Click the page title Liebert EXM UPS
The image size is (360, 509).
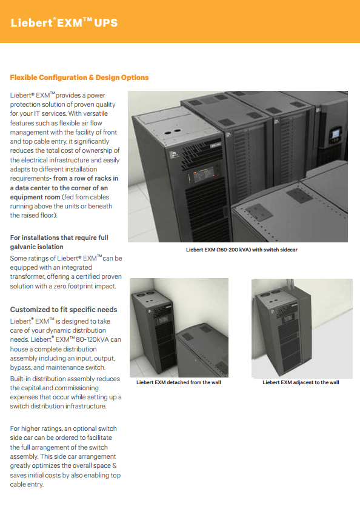[64, 22]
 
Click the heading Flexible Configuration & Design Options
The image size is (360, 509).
[79, 78]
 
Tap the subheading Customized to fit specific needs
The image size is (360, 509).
[64, 310]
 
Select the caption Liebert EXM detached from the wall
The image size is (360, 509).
[179, 382]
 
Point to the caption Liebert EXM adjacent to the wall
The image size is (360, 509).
[301, 382]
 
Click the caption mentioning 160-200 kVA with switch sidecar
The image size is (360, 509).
[241, 250]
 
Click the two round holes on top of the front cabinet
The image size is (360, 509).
[173, 131]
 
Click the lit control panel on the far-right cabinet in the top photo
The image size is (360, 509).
[336, 134]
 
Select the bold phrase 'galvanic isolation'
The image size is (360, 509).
[37, 247]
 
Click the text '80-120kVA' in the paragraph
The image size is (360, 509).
[92, 339]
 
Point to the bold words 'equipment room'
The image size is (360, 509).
[35, 197]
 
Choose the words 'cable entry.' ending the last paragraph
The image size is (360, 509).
[27, 484]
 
